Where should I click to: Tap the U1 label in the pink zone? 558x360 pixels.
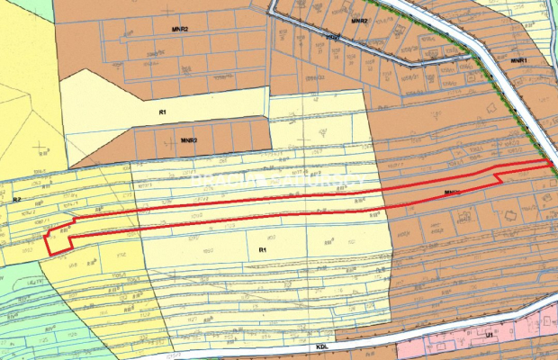coord(490,334)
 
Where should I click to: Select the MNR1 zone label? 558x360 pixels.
coord(518,60)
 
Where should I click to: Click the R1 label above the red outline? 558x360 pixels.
coord(163,112)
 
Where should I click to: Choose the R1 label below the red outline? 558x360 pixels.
coord(263,249)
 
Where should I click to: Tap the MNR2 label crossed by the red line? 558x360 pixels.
coord(453,192)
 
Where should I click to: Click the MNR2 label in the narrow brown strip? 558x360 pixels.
coord(189,140)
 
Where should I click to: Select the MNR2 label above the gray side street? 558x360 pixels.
coord(359,19)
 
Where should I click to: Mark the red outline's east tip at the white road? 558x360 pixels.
coord(550,163)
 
